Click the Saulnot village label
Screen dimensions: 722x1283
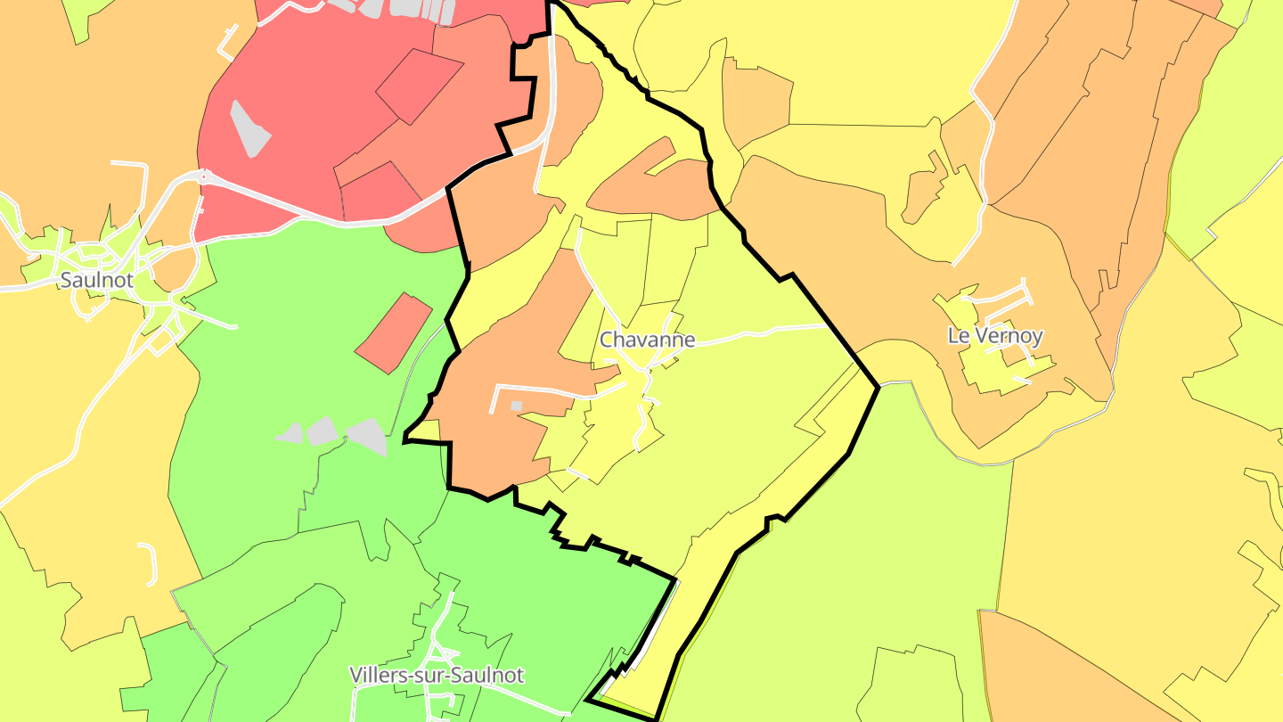96,280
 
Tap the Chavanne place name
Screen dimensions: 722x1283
647,340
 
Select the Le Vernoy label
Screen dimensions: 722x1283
994,336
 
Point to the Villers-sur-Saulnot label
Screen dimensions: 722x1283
437,675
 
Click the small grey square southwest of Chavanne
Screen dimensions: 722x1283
516,406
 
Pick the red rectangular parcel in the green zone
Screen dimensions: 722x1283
393,332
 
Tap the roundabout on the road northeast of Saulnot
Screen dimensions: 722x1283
205,176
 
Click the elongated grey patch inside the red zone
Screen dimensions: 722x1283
249,129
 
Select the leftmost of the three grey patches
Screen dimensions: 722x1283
290,433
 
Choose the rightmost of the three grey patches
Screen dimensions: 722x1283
368,435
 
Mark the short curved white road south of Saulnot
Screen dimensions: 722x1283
150,562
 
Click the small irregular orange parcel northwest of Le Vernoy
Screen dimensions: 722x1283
923,189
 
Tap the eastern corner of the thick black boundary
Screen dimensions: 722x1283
878,386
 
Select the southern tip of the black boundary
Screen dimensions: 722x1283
656,718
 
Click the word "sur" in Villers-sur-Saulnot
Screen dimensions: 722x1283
437,675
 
